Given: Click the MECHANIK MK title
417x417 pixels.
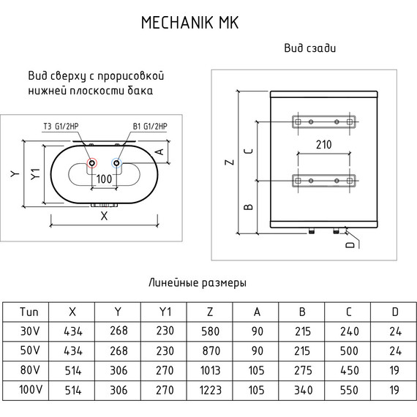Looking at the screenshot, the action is click(x=190, y=23).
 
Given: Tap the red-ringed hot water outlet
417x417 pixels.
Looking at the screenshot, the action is click(x=92, y=162).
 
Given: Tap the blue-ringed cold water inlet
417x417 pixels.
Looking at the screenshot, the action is click(x=117, y=162).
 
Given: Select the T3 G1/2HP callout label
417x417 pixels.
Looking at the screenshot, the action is click(x=61, y=126).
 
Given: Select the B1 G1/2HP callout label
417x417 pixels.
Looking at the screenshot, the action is click(x=150, y=126).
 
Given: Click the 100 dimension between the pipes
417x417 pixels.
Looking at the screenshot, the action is click(x=104, y=179).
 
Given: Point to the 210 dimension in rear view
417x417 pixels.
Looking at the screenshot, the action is click(x=323, y=145).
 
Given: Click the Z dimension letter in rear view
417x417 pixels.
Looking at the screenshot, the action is click(x=230, y=162).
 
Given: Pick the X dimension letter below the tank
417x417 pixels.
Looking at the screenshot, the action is click(x=104, y=216).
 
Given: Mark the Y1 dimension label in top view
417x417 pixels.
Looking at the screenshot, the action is click(x=35, y=174).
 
